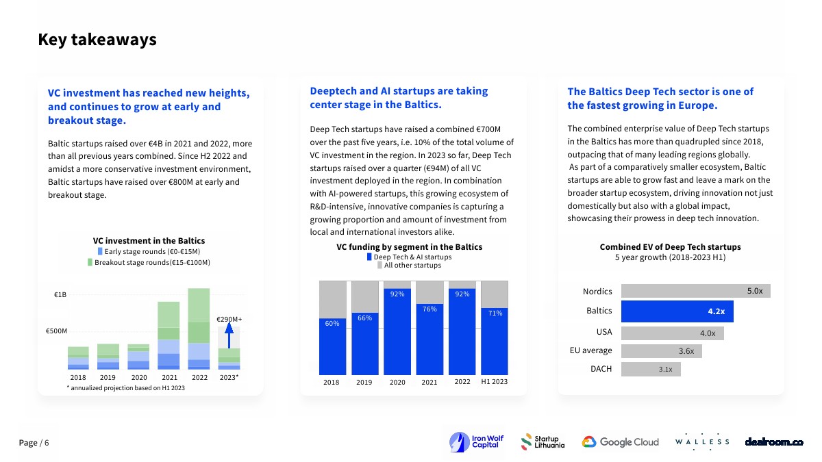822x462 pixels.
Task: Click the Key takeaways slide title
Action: pyautogui.click(x=97, y=40)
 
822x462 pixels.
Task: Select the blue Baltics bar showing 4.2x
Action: pyautogui.click(x=677, y=311)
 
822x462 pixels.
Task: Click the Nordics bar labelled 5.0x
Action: pyautogui.click(x=695, y=291)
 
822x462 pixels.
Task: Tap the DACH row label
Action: pyautogui.click(x=601, y=369)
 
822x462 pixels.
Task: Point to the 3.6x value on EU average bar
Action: pyautogui.click(x=686, y=351)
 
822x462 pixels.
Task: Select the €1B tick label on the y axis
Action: pyautogui.click(x=60, y=295)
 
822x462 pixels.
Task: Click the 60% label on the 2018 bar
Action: pyautogui.click(x=332, y=324)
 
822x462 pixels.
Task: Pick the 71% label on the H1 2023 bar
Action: pyautogui.click(x=495, y=313)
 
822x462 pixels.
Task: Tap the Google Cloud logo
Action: pyautogui.click(x=621, y=442)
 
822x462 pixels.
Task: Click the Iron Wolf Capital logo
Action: pyautogui.click(x=474, y=441)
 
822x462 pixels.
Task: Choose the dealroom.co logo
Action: pyautogui.click(x=773, y=442)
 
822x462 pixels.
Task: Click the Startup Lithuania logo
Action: pyautogui.click(x=543, y=442)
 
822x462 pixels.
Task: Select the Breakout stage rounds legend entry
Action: pyautogui.click(x=149, y=263)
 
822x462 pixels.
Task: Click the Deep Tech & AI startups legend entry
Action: pyautogui.click(x=409, y=257)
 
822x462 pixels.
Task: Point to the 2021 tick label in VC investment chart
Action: pyautogui.click(x=169, y=377)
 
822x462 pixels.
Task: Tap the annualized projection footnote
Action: pyautogui.click(x=125, y=388)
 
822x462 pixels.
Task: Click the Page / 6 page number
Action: pyautogui.click(x=34, y=443)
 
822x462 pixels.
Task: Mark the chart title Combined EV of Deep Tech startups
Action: pyautogui.click(x=670, y=247)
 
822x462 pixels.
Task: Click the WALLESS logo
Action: pyautogui.click(x=702, y=442)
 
